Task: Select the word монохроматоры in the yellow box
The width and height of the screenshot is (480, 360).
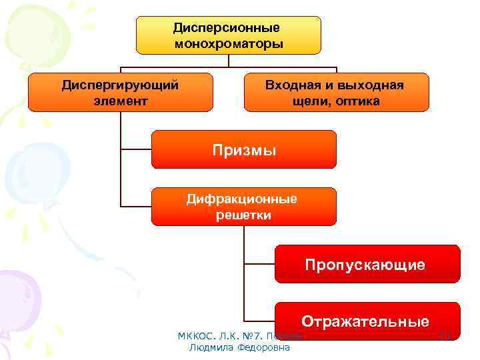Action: (x=229, y=44)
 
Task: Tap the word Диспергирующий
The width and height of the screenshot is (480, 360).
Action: (x=120, y=85)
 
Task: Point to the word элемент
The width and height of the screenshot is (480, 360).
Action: (x=120, y=101)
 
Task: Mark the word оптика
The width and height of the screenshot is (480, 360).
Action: (x=358, y=101)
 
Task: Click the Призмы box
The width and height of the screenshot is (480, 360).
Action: (x=244, y=149)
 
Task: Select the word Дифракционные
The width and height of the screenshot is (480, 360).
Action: (x=243, y=199)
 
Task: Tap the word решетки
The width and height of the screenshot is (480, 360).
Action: (x=243, y=215)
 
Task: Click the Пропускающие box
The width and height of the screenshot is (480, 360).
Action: (x=365, y=265)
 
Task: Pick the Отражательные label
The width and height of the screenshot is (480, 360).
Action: (x=365, y=321)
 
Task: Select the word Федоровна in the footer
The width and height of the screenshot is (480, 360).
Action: (x=263, y=347)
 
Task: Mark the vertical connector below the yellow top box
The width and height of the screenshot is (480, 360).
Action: (x=229, y=61)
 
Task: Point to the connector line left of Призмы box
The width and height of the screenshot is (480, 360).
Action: (x=136, y=148)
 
